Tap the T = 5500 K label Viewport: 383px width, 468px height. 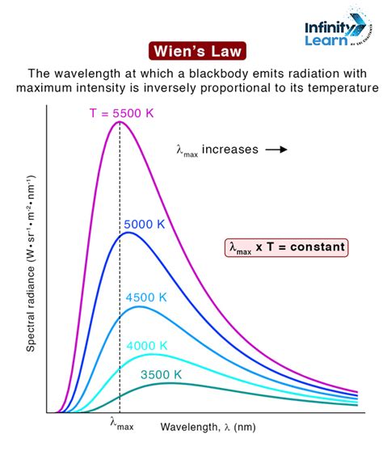120,113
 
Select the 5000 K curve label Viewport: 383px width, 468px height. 145,223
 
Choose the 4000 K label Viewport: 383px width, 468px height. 146,345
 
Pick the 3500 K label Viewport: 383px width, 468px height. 162,374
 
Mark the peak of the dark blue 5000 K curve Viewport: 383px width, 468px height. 126,233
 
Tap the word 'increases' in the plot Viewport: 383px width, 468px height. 230,150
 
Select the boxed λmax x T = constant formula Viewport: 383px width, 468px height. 286,247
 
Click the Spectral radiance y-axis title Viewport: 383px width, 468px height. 31,262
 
